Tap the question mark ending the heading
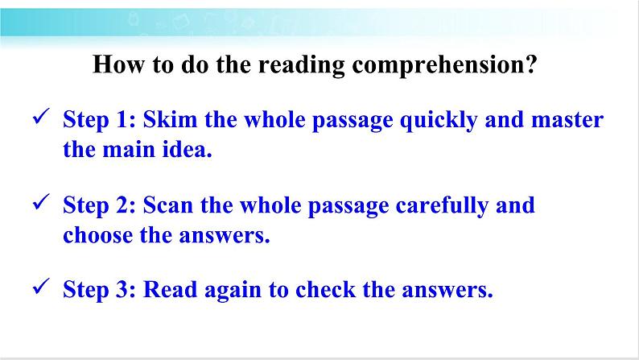coord(531,64)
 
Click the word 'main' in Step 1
coord(133,150)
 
